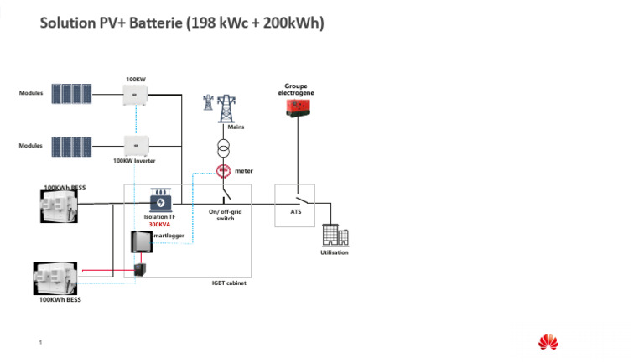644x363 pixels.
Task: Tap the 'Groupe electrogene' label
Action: (296, 89)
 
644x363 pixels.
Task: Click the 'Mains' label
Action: (224, 127)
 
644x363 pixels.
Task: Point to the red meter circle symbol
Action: (224, 171)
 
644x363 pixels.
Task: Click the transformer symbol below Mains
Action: (224, 148)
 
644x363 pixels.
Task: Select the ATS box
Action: (295, 204)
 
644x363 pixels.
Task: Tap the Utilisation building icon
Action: (335, 236)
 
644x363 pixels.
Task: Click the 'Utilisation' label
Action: (335, 252)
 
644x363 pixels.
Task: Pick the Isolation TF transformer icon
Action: (159, 200)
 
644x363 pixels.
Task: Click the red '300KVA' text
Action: (159, 225)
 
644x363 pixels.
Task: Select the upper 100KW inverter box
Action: (136, 96)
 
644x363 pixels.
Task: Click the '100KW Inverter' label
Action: (135, 160)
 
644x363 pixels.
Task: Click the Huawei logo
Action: (548, 341)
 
